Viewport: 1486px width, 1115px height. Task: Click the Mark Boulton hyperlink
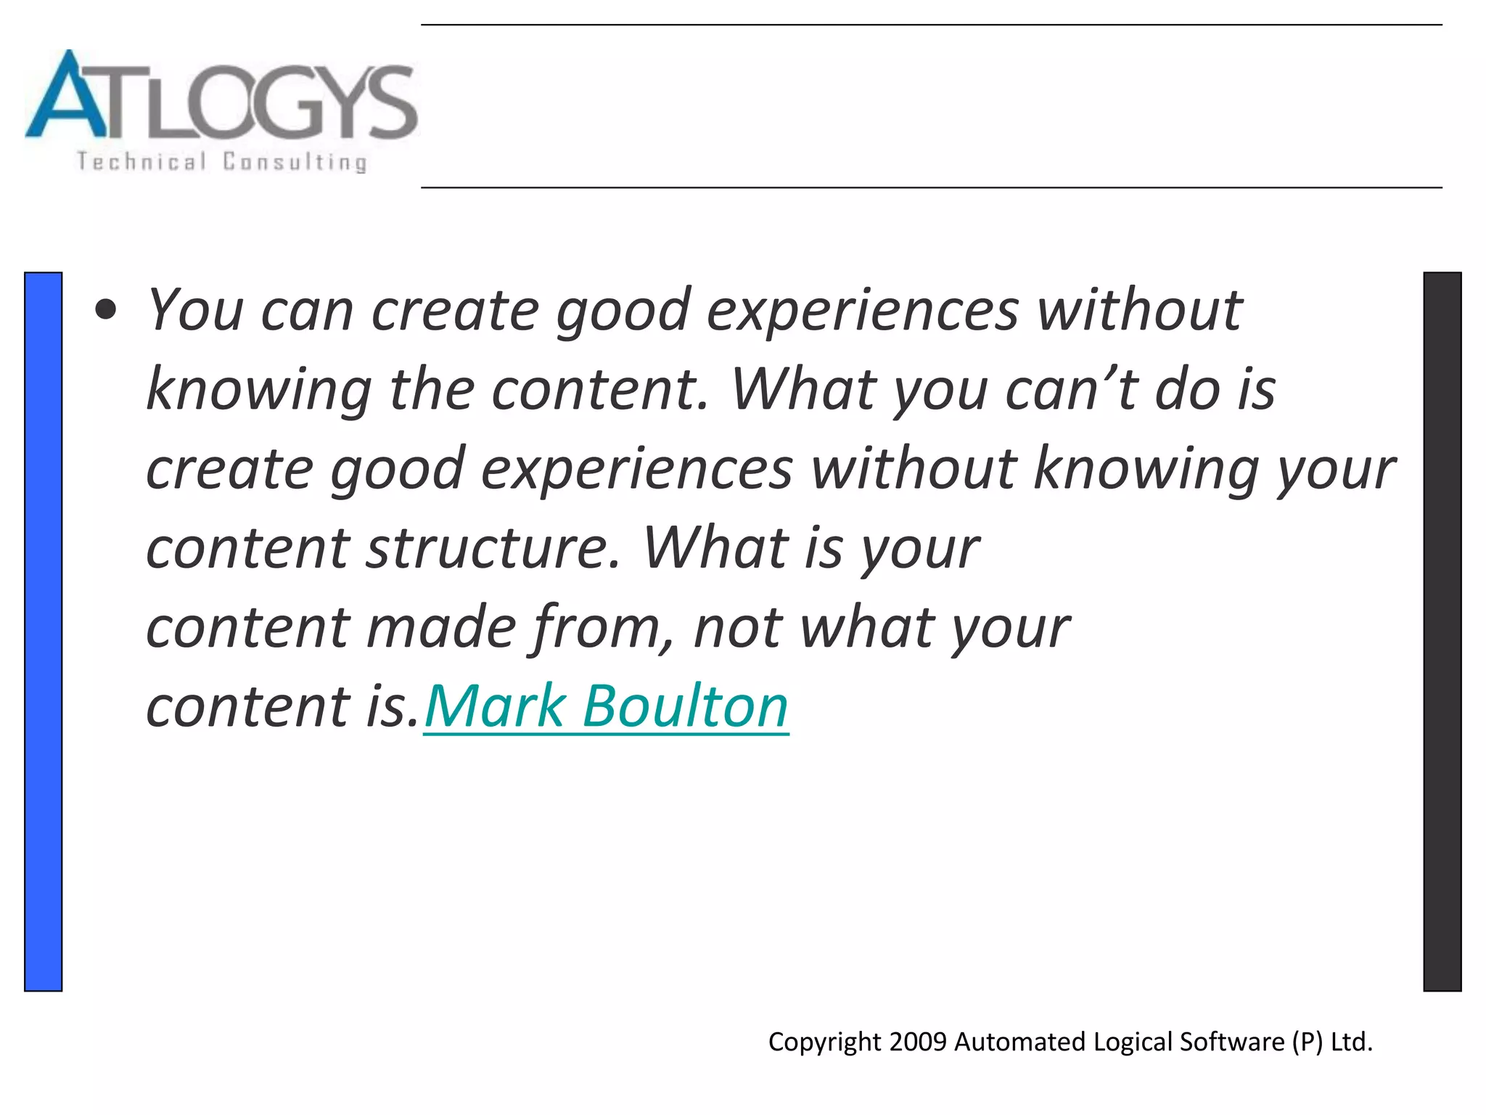click(606, 706)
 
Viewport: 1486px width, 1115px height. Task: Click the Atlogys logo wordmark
click(221, 98)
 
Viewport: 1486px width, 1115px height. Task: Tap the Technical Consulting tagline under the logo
click(221, 161)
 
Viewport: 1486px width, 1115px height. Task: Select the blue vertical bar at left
click(44, 632)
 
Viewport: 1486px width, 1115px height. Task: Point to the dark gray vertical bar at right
click(1442, 632)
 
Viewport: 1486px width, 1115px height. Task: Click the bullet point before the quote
click(106, 311)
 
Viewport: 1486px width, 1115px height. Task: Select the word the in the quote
click(432, 390)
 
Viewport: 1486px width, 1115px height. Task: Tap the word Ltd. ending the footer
click(1351, 1042)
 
